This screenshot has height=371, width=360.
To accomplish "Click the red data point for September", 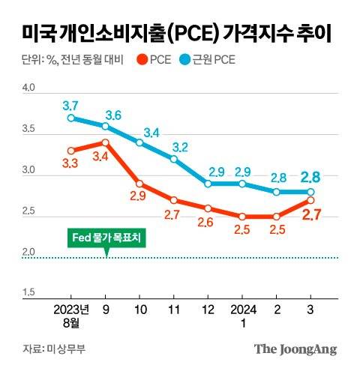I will (x=105, y=142).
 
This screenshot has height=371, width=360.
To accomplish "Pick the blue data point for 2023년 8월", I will (x=70, y=118).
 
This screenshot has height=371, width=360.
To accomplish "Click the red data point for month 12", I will (x=208, y=208).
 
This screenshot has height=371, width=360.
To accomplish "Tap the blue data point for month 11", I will (x=173, y=159).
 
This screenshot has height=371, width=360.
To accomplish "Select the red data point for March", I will (x=310, y=200).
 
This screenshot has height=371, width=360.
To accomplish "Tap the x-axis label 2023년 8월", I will (x=71, y=314).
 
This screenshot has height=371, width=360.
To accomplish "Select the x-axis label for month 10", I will (x=139, y=308).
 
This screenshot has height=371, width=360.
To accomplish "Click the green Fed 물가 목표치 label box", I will (x=106, y=238).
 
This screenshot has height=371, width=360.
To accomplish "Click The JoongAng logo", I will (x=295, y=349).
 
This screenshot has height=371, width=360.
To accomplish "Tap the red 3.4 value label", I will (x=100, y=157).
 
